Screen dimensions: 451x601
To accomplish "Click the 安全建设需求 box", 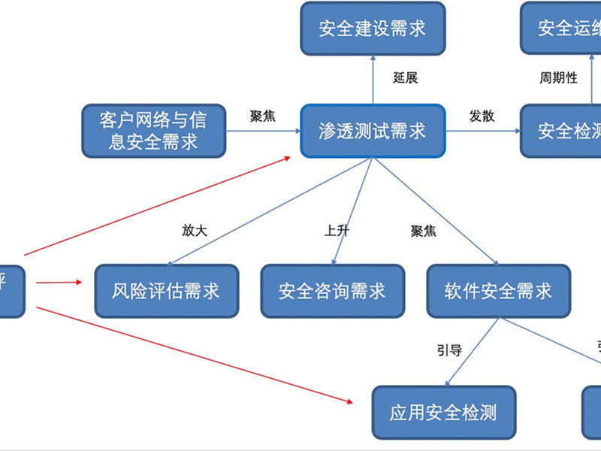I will point(373,29).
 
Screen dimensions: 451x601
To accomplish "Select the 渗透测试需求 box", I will point(373,132).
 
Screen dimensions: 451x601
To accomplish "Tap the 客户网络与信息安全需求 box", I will point(153,131).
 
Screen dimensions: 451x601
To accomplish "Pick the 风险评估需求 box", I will point(166,290).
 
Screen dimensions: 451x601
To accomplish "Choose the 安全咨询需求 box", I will point(332,290).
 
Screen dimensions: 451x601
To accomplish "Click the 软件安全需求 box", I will point(498,290).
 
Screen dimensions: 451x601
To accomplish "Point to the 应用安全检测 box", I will point(443,412).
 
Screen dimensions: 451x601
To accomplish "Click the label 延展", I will point(405,77).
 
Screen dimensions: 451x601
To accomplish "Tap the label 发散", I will point(482,116).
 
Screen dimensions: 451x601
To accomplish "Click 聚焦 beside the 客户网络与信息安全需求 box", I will point(262,116).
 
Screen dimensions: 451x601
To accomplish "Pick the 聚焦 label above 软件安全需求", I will point(423,231).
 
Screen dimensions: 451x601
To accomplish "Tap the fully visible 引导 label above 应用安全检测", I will point(449,350).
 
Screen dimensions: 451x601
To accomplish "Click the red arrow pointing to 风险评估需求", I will point(59,283).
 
